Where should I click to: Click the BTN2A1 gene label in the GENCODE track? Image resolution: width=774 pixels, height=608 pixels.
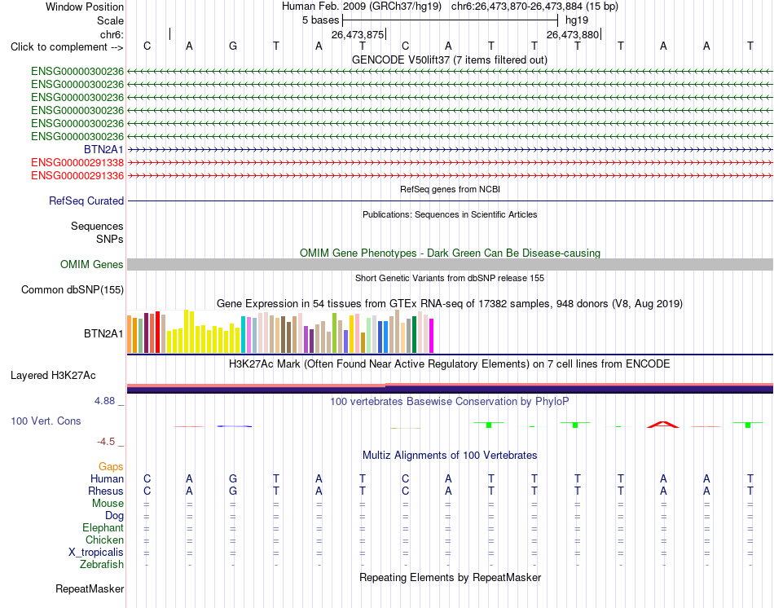tap(103, 149)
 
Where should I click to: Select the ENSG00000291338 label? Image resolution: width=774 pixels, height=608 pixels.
tap(77, 162)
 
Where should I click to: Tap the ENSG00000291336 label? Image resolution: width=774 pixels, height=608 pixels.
tap(77, 175)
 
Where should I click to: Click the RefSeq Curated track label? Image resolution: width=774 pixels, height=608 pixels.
tap(86, 201)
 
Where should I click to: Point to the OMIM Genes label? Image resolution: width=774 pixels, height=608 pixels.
tap(92, 264)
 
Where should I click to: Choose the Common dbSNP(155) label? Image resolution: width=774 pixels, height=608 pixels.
tap(73, 289)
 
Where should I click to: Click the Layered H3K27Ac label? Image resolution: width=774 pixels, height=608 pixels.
tap(53, 376)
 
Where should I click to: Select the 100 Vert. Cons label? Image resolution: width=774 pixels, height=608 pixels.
tap(46, 421)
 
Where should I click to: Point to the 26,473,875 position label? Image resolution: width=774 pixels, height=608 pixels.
tap(358, 34)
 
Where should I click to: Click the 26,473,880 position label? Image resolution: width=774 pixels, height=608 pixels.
tap(573, 34)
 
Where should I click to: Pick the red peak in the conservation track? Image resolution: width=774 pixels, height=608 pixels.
tap(663, 425)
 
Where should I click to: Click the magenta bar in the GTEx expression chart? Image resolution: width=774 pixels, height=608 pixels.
tap(432, 336)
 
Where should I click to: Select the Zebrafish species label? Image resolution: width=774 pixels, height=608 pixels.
tap(102, 564)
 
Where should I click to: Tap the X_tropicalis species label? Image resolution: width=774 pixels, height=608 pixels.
tap(96, 553)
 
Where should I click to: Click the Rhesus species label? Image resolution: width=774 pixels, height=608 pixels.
tap(106, 491)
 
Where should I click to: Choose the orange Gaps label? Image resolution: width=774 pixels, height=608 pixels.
tap(111, 466)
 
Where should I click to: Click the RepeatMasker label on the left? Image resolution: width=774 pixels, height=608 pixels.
tap(90, 588)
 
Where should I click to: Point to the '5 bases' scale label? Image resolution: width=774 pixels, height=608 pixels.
tap(321, 20)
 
